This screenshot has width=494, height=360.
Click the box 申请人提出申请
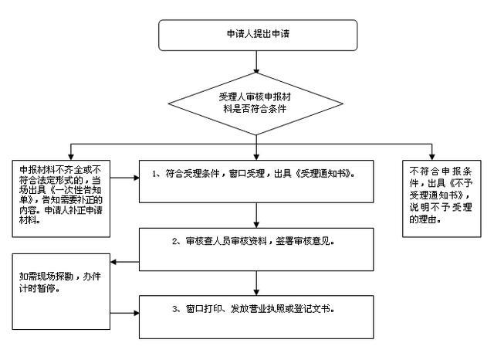pos(258,36)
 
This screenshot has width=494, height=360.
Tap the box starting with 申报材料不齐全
pos(61,190)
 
